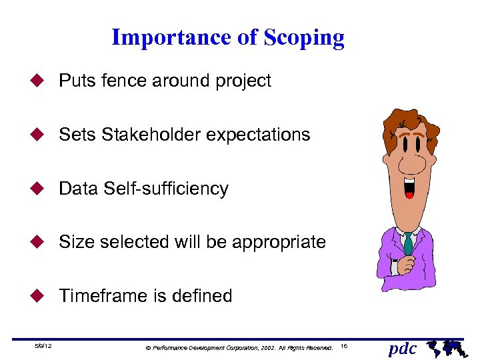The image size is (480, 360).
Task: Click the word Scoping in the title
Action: (303, 38)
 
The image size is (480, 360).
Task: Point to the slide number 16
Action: (343, 347)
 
